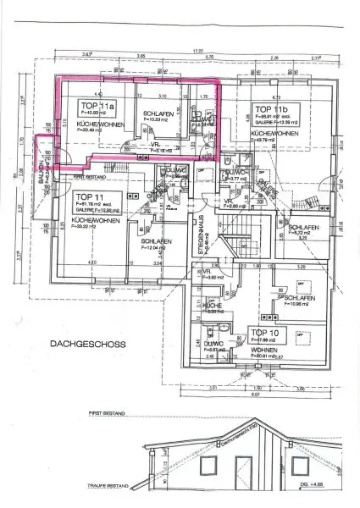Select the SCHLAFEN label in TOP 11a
pos(158,114)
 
